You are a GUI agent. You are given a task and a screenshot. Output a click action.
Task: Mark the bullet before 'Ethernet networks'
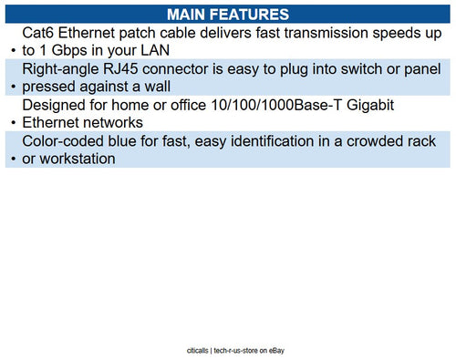(x=11, y=123)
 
